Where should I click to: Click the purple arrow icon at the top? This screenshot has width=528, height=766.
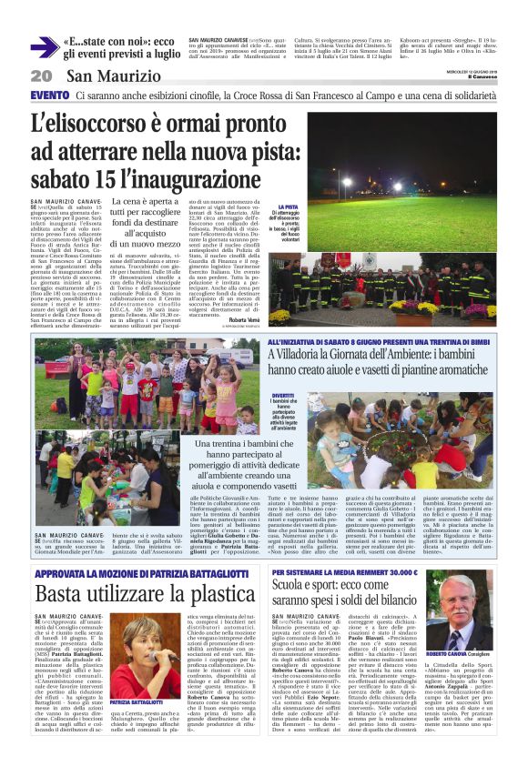tap(44, 47)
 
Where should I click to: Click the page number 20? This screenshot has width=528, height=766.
tap(40, 76)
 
